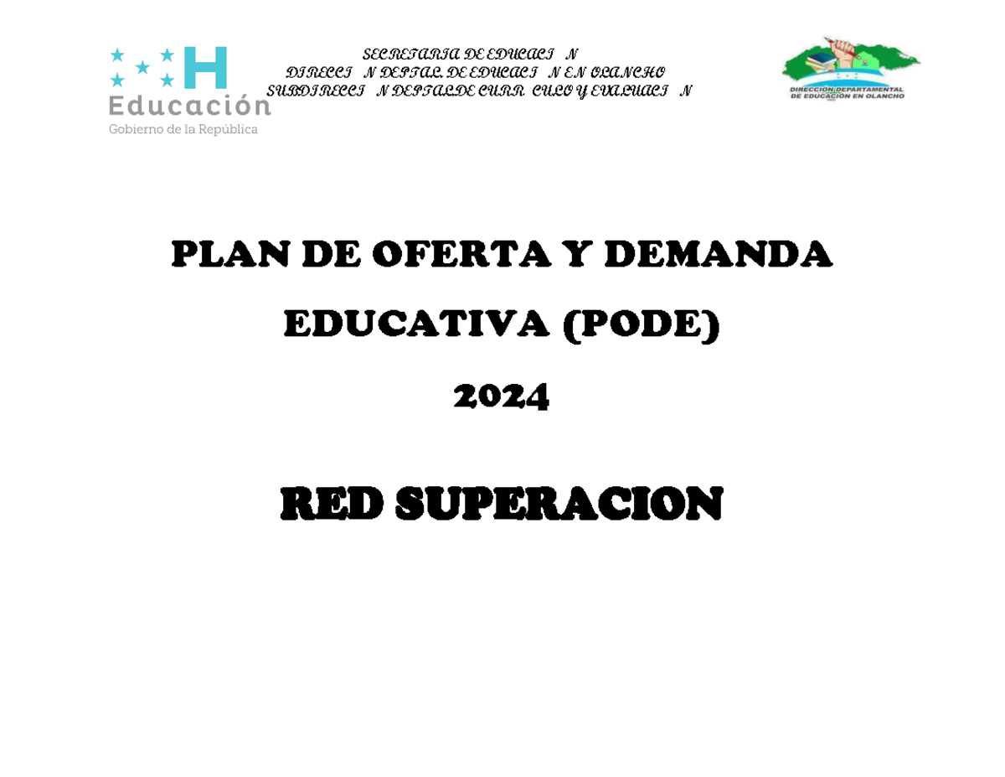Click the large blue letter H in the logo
205,68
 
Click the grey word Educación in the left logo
189,106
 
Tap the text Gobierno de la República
183,130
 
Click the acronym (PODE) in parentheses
642,325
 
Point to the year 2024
502,396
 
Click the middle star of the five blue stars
143,67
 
